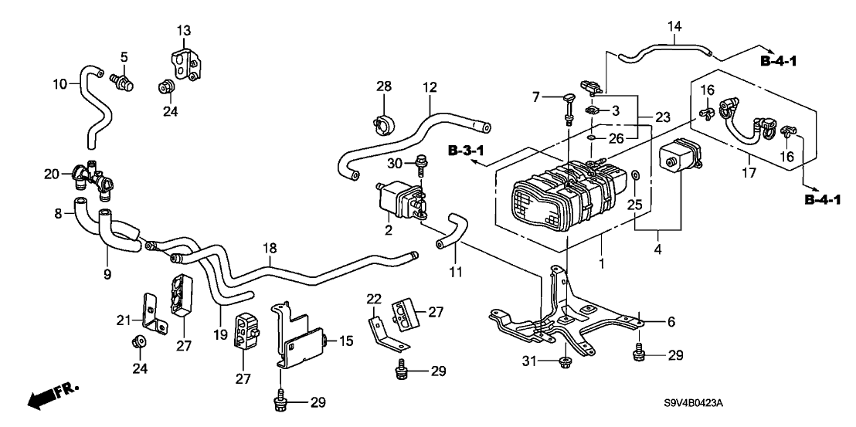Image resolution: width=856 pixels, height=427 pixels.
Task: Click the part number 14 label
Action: [674, 26]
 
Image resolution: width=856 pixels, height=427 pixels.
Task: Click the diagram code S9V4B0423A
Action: [698, 404]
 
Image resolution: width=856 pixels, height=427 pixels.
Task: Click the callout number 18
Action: [269, 248]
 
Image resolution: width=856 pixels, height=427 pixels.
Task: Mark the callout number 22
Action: [374, 298]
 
